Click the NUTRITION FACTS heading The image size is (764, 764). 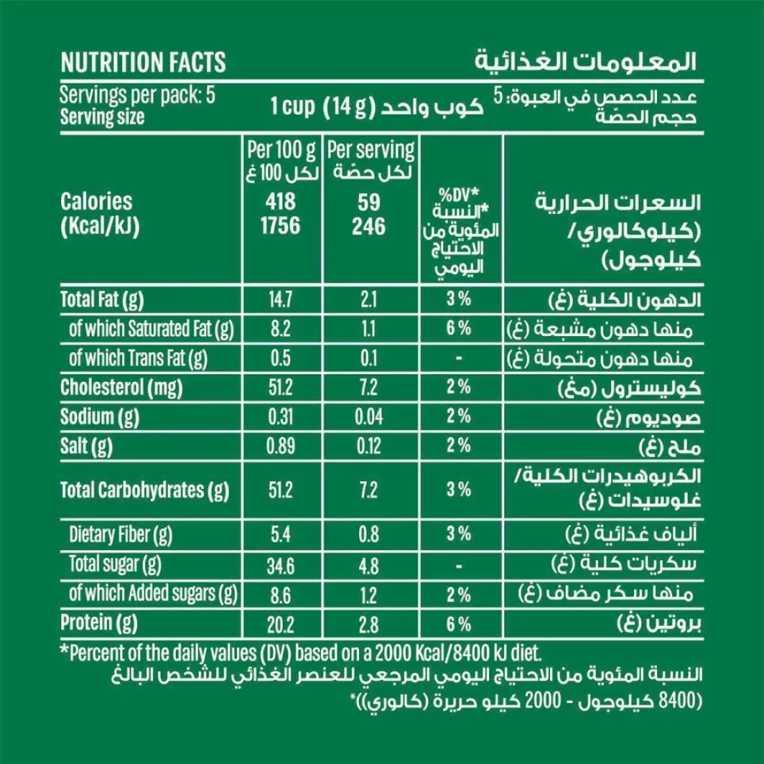click(143, 63)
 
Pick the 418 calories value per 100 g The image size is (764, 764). click(281, 201)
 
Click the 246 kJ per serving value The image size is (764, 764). click(369, 226)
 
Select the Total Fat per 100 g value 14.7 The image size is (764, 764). click(281, 299)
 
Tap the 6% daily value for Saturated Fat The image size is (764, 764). click(459, 329)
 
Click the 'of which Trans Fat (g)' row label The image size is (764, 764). click(138, 358)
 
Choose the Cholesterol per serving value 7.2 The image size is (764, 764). click(369, 388)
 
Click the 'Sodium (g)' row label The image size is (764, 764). click(100, 417)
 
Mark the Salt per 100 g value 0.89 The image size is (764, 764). click(281, 446)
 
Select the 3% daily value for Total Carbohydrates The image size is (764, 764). click(459, 490)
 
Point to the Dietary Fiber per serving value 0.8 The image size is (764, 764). click(369, 534)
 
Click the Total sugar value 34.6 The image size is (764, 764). click(281, 565)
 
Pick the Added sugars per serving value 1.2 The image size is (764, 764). click(369, 595)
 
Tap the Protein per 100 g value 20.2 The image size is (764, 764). click(281, 624)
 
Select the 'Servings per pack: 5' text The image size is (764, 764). click(138, 94)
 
